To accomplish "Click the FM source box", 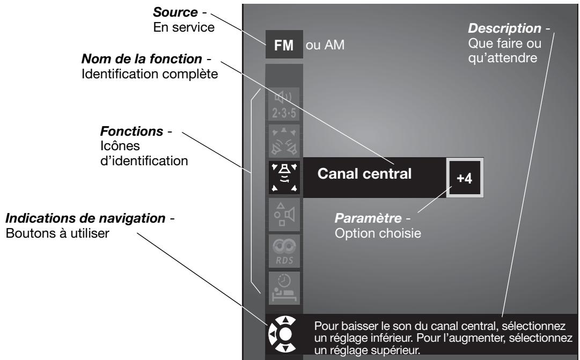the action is [284, 45].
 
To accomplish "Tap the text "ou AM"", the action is [325, 45].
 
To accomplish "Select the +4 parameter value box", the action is [465, 178].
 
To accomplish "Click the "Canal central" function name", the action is [364, 173].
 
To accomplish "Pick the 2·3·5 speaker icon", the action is [284, 104].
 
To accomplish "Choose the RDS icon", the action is [284, 251].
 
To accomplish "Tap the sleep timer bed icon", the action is [284, 288].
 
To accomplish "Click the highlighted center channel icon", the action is [284, 178].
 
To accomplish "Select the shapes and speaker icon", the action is [284, 215].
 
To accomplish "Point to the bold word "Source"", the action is [175, 12].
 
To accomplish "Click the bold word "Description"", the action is [504, 28].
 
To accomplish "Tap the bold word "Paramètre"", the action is [368, 218].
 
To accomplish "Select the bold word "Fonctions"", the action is [131, 131].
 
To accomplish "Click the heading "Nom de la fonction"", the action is [142, 59].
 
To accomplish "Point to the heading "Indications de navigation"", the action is [85, 218].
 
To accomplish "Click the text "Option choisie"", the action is [378, 233].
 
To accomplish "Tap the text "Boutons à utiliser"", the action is [57, 233].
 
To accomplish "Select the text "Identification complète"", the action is [150, 74].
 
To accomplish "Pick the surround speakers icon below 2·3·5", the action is [284, 141].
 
